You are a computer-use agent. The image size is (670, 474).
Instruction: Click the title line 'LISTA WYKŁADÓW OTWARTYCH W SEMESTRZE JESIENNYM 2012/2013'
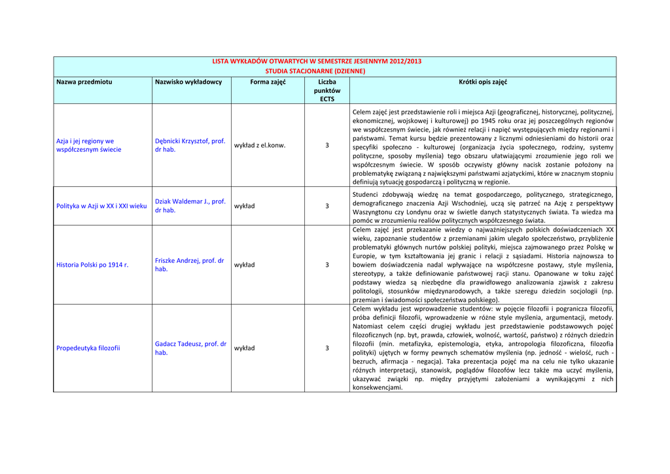click(317, 61)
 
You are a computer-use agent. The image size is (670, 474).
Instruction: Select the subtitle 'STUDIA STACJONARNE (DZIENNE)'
click(315, 71)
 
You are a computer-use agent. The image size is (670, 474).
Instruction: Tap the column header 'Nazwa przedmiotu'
click(84, 82)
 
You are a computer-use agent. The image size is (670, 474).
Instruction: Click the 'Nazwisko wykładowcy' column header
click(188, 82)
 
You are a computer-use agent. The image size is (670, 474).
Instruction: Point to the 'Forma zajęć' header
click(268, 82)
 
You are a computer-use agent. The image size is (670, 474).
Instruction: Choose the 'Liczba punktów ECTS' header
click(327, 90)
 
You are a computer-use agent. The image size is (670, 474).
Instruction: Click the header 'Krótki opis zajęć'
click(483, 82)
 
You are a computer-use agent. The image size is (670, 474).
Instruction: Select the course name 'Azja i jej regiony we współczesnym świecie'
click(89, 145)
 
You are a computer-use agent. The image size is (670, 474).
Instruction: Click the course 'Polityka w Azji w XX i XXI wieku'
click(101, 206)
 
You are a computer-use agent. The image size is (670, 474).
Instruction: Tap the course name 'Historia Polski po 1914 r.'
click(92, 265)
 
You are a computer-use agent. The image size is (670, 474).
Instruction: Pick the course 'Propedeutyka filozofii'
click(88, 348)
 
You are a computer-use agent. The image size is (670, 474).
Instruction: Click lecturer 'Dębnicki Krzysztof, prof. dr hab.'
click(190, 145)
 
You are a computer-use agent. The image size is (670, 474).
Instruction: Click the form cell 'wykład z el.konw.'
click(260, 145)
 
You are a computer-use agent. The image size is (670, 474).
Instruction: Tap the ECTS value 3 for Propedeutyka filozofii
click(327, 348)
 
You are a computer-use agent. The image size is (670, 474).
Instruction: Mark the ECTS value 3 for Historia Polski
click(327, 265)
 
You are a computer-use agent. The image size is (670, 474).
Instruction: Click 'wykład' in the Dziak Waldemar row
click(245, 206)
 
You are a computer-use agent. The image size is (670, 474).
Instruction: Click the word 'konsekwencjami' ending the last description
click(377, 387)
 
